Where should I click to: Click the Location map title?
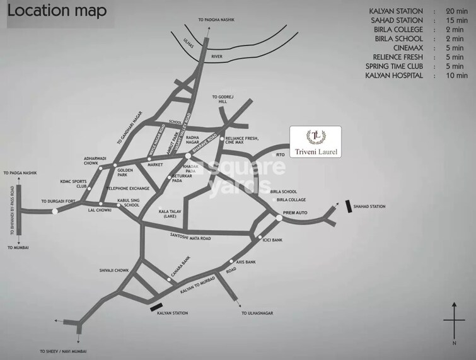[57, 11]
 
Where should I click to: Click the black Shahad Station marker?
[349, 206]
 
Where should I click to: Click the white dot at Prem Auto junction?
[279, 218]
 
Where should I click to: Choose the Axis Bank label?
[245, 262]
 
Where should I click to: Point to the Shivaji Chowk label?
[113, 270]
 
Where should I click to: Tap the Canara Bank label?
[180, 268]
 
